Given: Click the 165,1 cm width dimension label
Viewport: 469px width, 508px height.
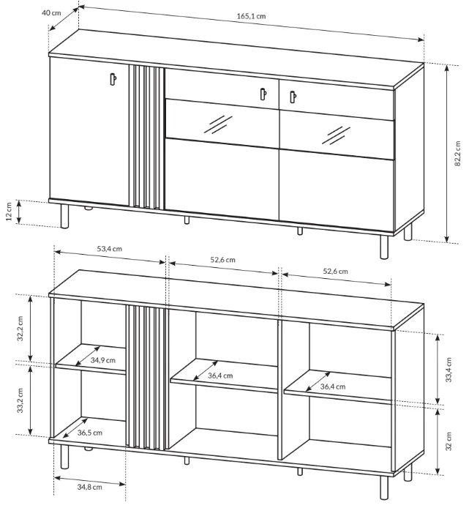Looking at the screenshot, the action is click(x=251, y=16).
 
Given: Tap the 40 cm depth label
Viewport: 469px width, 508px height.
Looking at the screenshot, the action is click(x=51, y=13).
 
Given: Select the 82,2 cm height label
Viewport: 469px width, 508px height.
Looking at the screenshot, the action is click(x=457, y=154).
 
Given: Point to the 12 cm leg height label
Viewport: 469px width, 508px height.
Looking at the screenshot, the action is click(x=9, y=212).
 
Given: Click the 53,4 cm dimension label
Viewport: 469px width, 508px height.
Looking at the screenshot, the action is click(x=110, y=249).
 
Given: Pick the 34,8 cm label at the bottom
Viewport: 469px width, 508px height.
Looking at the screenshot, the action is click(x=89, y=487).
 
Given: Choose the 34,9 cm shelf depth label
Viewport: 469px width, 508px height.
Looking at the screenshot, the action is click(x=102, y=360).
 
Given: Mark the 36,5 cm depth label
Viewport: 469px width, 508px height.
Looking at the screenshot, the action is click(x=90, y=433).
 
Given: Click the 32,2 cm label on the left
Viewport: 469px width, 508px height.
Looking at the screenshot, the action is click(x=20, y=329).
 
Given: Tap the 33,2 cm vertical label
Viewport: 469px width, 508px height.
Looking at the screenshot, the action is click(x=20, y=400).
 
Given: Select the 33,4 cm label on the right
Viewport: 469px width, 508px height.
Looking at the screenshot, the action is click(x=449, y=370).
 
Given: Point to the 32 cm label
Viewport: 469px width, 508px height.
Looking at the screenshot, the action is click(x=449, y=441).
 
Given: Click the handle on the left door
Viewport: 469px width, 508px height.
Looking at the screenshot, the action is click(x=113, y=79).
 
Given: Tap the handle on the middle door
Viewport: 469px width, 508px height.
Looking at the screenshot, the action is click(x=263, y=94).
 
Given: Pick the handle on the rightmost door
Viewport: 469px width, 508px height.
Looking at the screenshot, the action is click(x=293, y=97).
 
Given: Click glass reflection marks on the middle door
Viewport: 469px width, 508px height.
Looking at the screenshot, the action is click(x=218, y=124).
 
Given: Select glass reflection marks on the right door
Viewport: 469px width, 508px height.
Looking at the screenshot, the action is click(x=336, y=135).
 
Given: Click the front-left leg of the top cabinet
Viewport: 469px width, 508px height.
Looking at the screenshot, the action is click(x=65, y=217).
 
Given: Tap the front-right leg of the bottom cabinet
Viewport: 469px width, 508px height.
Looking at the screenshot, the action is click(x=384, y=488).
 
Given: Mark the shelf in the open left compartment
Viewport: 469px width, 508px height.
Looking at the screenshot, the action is click(x=91, y=359).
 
